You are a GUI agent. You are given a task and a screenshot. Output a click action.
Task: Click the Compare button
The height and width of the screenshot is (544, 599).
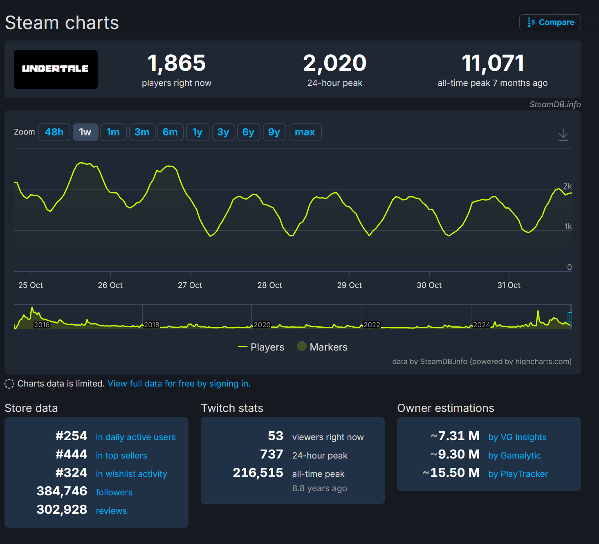pyautogui.click(x=550, y=22)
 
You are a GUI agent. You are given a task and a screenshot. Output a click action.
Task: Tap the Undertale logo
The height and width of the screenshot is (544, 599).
pyautogui.click(x=56, y=69)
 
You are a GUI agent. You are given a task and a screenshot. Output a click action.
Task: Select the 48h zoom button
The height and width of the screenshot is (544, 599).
pyautogui.click(x=54, y=132)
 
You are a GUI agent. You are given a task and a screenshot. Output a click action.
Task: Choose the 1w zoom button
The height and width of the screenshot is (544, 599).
pyautogui.click(x=85, y=132)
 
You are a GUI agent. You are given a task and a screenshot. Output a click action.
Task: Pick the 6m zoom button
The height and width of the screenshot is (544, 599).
pyautogui.click(x=170, y=132)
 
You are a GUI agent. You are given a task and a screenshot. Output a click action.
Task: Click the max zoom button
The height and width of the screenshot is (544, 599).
pyautogui.click(x=305, y=132)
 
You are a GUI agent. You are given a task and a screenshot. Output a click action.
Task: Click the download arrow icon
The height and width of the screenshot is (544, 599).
pyautogui.click(x=563, y=134)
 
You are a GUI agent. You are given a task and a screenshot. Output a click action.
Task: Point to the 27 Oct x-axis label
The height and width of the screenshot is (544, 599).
pyautogui.click(x=190, y=285)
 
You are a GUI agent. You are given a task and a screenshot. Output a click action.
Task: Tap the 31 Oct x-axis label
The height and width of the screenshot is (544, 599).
pyautogui.click(x=509, y=285)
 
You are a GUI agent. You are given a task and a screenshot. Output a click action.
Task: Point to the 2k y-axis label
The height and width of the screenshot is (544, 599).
pyautogui.click(x=567, y=186)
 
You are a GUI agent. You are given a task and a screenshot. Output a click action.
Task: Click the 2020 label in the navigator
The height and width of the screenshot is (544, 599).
pyautogui.click(x=262, y=325)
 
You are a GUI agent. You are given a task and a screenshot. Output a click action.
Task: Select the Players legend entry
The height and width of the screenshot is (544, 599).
pyautogui.click(x=261, y=347)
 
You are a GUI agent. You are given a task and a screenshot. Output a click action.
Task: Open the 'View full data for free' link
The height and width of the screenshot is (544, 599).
pyautogui.click(x=179, y=384)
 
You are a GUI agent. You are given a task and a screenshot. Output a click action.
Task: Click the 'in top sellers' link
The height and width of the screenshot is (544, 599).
pyautogui.click(x=121, y=456)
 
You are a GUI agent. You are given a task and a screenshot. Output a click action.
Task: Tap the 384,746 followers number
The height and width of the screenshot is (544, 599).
pyautogui.click(x=62, y=491)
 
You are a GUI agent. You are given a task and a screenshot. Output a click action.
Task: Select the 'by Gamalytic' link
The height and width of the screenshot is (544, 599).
pyautogui.click(x=514, y=456)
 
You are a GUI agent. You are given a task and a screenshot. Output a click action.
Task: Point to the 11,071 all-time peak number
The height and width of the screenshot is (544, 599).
pyautogui.click(x=493, y=63)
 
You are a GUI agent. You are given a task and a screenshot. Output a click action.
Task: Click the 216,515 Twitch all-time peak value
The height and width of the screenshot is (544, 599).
pyautogui.click(x=258, y=473)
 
